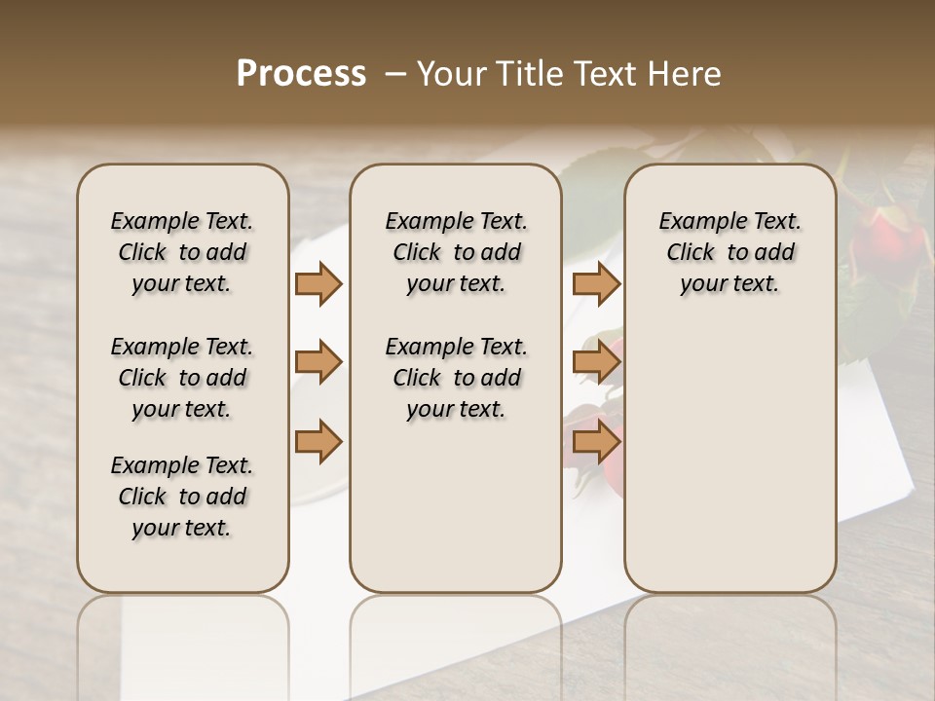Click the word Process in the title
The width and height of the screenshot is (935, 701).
(x=301, y=74)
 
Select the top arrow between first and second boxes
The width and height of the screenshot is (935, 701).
(x=318, y=284)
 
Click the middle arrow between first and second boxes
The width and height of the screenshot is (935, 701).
(x=318, y=362)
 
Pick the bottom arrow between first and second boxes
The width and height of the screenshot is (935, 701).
(x=318, y=442)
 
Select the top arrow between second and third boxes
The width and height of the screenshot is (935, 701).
(x=596, y=284)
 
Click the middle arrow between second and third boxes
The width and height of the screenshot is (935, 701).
(x=596, y=362)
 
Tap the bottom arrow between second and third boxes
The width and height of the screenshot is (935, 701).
(x=596, y=442)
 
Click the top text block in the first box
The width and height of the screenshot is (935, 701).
(x=182, y=252)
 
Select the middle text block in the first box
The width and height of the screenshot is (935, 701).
(x=182, y=378)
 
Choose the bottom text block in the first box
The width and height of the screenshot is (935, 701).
(x=182, y=497)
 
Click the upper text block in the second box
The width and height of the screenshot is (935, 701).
(x=456, y=252)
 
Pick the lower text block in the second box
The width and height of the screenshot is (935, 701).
(x=456, y=378)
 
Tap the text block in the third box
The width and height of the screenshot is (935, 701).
(x=729, y=252)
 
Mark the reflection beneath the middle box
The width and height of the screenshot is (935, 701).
(x=456, y=643)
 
